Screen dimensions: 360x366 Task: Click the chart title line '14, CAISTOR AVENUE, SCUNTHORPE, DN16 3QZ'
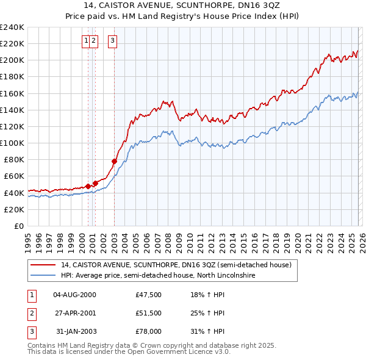[183, 5]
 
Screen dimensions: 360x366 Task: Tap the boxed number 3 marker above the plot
[113, 41]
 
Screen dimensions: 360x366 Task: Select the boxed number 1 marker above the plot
[86, 41]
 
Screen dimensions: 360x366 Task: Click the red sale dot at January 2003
[114, 161]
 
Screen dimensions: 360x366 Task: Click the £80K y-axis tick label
[13, 159]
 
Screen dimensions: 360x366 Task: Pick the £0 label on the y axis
[18, 226]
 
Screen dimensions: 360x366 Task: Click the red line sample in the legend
[43, 265]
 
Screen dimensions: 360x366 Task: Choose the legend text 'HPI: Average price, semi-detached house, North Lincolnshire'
[157, 276]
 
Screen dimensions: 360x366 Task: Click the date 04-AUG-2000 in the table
[75, 295]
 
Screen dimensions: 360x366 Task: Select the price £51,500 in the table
[148, 313]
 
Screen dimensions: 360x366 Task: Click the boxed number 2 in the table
[31, 313]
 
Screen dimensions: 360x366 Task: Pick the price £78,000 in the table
[148, 331]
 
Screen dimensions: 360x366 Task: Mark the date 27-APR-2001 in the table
[75, 313]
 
